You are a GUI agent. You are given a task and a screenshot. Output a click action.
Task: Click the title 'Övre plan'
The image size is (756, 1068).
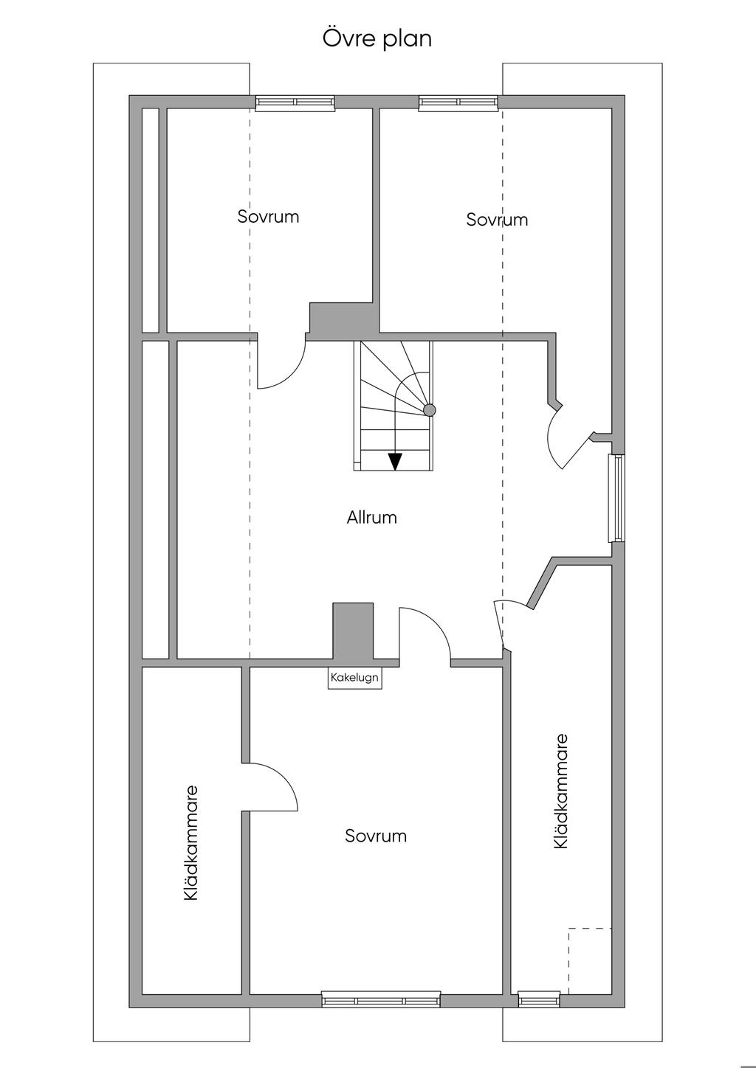(377, 38)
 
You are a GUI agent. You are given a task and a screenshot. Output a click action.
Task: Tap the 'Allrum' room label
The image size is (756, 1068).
(372, 518)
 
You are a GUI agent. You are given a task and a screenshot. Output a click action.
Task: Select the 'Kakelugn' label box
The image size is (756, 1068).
(355, 678)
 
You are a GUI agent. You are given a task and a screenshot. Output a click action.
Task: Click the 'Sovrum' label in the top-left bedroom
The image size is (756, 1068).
(268, 217)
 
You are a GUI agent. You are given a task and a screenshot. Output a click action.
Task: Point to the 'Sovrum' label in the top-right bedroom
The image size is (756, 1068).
(497, 220)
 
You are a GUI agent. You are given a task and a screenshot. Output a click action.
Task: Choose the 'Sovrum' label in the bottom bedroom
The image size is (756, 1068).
(376, 836)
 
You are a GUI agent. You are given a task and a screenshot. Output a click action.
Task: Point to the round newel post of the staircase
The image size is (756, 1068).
(430, 410)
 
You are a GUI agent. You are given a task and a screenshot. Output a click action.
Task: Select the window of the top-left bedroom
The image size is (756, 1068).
(295, 103)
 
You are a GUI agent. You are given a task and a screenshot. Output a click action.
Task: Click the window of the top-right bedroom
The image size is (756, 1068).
(458, 103)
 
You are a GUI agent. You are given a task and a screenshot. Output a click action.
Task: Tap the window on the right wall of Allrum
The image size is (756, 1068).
(616, 498)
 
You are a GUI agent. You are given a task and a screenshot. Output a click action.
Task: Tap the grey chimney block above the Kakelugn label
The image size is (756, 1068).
(353, 631)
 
